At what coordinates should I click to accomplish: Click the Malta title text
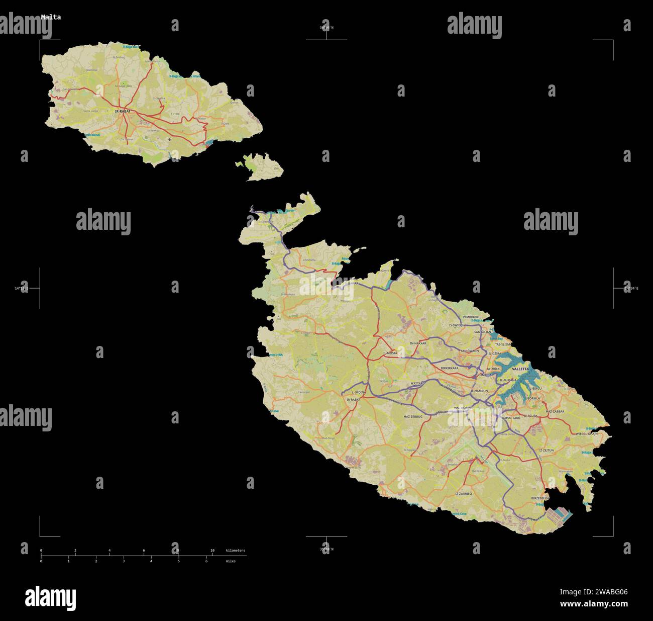(51, 17)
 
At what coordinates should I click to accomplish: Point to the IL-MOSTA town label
(390, 353)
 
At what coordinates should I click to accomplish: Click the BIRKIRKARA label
(449, 368)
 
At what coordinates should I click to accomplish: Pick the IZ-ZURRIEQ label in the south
(463, 494)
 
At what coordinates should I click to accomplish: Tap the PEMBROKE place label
(471, 317)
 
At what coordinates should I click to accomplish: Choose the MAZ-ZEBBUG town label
(413, 417)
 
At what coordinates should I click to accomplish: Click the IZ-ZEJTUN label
(546, 451)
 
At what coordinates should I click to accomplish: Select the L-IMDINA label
(358, 392)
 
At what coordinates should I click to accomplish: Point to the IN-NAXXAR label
(418, 343)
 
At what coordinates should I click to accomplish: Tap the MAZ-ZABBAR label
(555, 411)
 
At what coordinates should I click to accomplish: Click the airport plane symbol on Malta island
(476, 458)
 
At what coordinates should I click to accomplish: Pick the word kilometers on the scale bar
(236, 551)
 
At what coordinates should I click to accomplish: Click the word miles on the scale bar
(230, 561)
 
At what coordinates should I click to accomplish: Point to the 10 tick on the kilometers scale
(212, 551)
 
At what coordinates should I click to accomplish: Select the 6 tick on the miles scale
(206, 561)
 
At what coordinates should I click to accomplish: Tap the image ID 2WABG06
(610, 592)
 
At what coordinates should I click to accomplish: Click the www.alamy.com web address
(594, 604)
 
